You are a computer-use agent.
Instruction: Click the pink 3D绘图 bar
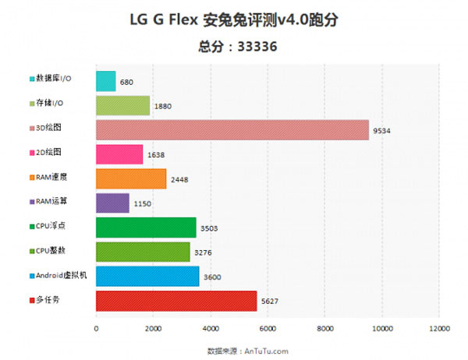click(x=232, y=129)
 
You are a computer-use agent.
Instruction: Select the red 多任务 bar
click(x=176, y=301)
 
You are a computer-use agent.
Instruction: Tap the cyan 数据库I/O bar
click(x=105, y=80)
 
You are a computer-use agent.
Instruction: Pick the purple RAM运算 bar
click(x=112, y=203)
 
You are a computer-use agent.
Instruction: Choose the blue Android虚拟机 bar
click(x=147, y=276)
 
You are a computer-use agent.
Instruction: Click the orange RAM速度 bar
click(x=131, y=178)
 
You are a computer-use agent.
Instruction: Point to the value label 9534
click(x=383, y=132)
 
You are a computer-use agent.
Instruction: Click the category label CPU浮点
click(x=51, y=227)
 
